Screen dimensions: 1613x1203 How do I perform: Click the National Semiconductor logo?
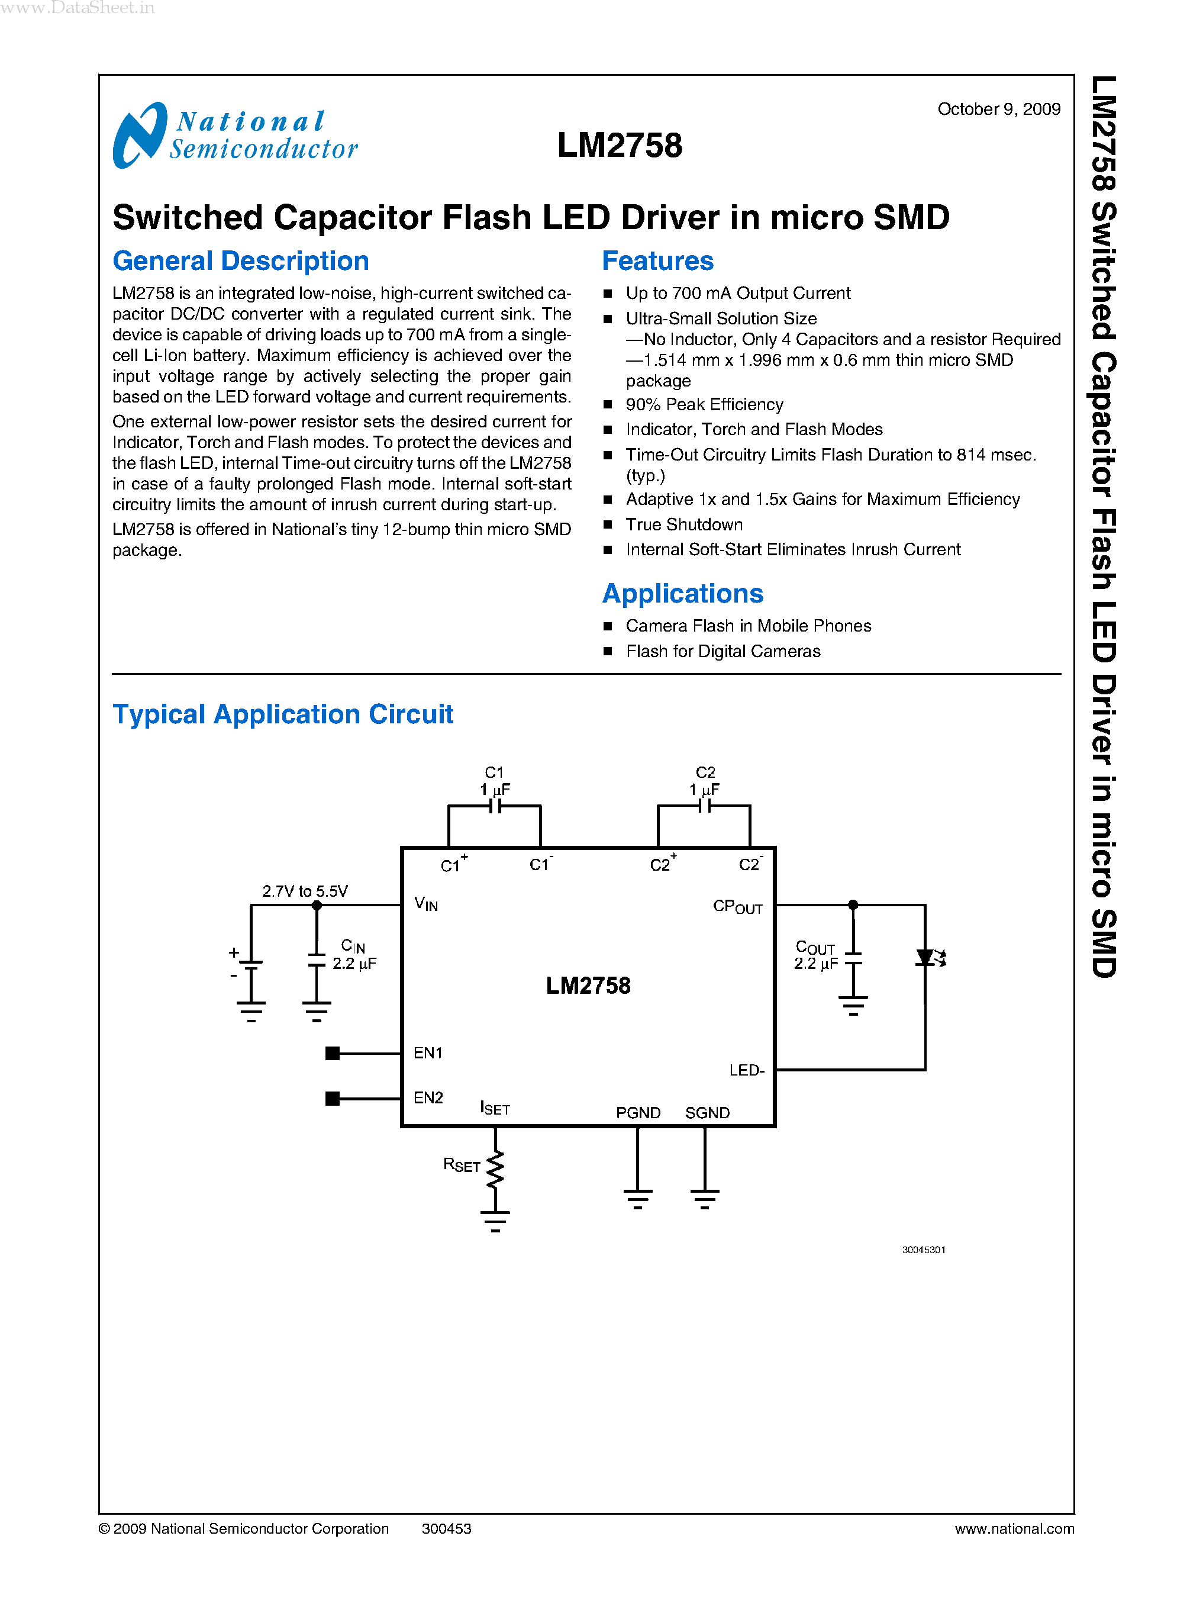click(x=234, y=136)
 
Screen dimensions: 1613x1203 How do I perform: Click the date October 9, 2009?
click(x=998, y=110)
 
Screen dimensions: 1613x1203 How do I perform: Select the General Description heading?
click(x=240, y=261)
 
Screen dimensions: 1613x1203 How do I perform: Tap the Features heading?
click(x=657, y=261)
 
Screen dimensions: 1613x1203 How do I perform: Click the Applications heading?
click(x=682, y=594)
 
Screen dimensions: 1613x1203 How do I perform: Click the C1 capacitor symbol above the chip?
click(x=495, y=806)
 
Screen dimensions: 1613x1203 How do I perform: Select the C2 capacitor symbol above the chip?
click(x=704, y=806)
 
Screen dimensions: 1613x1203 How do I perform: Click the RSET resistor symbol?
click(x=495, y=1169)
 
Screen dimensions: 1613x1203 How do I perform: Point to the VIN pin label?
click(x=426, y=904)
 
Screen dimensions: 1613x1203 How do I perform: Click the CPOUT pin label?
click(x=737, y=907)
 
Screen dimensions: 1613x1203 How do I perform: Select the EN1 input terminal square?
click(x=333, y=1054)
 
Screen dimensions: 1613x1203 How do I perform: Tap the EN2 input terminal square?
click(x=333, y=1099)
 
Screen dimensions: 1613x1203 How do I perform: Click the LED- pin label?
click(x=746, y=1070)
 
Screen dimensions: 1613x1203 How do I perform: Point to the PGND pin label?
click(x=638, y=1112)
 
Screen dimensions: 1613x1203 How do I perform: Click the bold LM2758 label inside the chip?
click(x=588, y=986)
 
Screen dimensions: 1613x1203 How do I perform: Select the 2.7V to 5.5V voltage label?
click(x=305, y=891)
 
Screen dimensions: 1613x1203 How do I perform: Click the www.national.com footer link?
click(x=1014, y=1528)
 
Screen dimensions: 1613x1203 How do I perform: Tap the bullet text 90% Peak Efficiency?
click(x=704, y=404)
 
